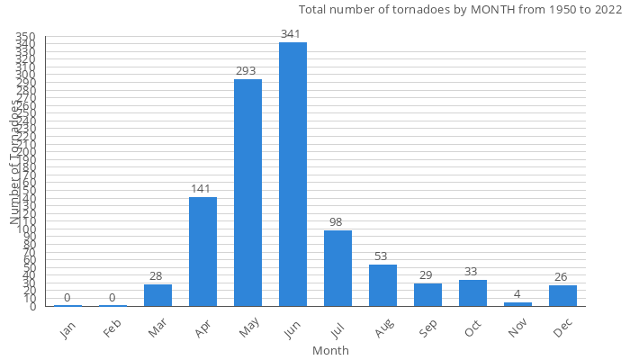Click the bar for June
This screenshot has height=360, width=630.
click(x=292, y=175)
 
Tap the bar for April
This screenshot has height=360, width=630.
click(x=202, y=252)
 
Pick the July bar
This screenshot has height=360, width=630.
click(x=337, y=268)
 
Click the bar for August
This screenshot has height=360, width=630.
click(x=382, y=285)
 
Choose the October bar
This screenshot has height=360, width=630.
click(x=472, y=293)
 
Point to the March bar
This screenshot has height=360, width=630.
click(x=157, y=295)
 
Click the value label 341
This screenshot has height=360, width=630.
click(x=292, y=34)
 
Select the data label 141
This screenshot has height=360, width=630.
click(x=202, y=189)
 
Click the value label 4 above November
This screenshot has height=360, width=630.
click(x=517, y=294)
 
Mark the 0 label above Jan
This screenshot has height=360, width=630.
click(x=67, y=298)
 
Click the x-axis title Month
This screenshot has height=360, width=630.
click(x=330, y=350)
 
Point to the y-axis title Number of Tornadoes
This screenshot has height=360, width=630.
click(x=15, y=162)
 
